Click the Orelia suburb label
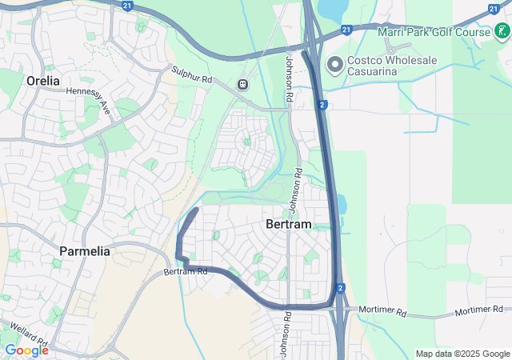[43, 81]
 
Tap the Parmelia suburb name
[84, 251]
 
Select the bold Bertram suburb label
[287, 225]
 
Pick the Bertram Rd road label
[186, 272]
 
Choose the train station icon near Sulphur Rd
[242, 84]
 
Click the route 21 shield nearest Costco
[346, 30]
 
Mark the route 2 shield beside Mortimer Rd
[340, 288]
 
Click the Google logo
[26, 350]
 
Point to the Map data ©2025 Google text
[462, 354]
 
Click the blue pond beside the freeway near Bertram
[343, 205]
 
